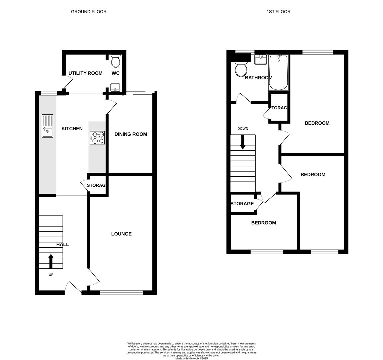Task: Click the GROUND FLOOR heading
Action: click(x=89, y=12)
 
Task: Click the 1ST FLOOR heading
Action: click(x=278, y=12)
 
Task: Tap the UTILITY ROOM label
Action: click(x=85, y=73)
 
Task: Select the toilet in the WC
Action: click(x=115, y=61)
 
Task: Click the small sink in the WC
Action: click(x=115, y=88)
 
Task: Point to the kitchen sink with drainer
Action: click(x=47, y=126)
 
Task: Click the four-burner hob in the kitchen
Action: click(x=97, y=138)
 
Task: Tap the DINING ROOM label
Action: click(x=131, y=134)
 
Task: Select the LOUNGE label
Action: click(x=121, y=234)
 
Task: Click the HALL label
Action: click(x=63, y=245)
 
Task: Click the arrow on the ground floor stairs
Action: click(x=51, y=261)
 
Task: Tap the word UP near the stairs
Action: click(x=51, y=275)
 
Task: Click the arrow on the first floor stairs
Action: click(x=243, y=142)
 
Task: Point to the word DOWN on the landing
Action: click(x=243, y=129)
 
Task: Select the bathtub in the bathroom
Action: click(x=278, y=73)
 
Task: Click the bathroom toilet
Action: click(x=241, y=69)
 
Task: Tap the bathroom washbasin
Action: click(x=260, y=60)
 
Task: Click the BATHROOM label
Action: click(x=259, y=78)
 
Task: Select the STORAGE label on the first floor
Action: click(x=242, y=204)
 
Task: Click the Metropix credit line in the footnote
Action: click(x=191, y=358)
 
